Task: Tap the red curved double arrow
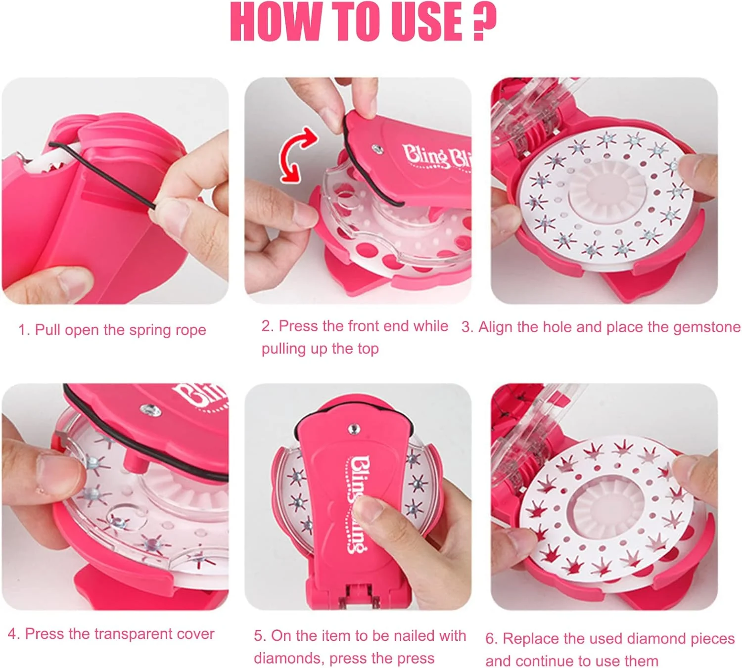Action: pos(296,155)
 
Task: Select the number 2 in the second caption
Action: pos(267,326)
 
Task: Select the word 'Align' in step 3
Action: pos(495,327)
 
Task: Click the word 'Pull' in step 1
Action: pos(47,330)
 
